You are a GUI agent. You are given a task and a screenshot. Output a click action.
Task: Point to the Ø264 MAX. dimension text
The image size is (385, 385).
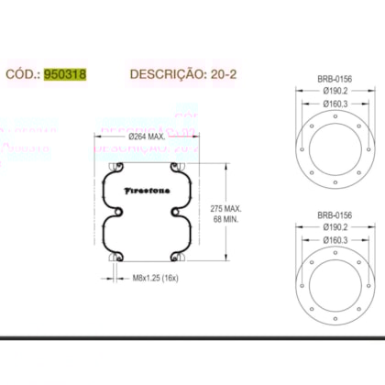coord(146,137)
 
